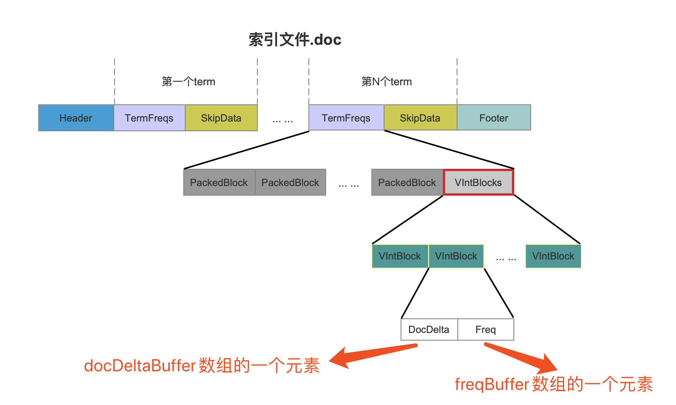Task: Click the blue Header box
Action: point(76,118)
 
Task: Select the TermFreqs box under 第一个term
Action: point(149,118)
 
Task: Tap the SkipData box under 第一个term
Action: point(221,118)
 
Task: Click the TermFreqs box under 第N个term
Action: point(346,118)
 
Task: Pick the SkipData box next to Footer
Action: point(421,118)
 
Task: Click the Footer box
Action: point(494,118)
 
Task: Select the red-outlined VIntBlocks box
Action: point(478,182)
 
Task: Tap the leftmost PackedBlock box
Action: point(219,182)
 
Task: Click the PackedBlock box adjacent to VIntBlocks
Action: point(407,182)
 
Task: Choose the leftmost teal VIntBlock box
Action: point(400,256)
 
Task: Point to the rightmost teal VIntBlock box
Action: point(553,256)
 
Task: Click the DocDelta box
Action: point(429,329)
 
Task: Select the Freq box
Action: point(486,329)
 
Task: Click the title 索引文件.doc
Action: point(295,39)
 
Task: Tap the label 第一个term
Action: point(188,82)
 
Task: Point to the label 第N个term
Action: point(386,82)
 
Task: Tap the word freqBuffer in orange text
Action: point(492,385)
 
